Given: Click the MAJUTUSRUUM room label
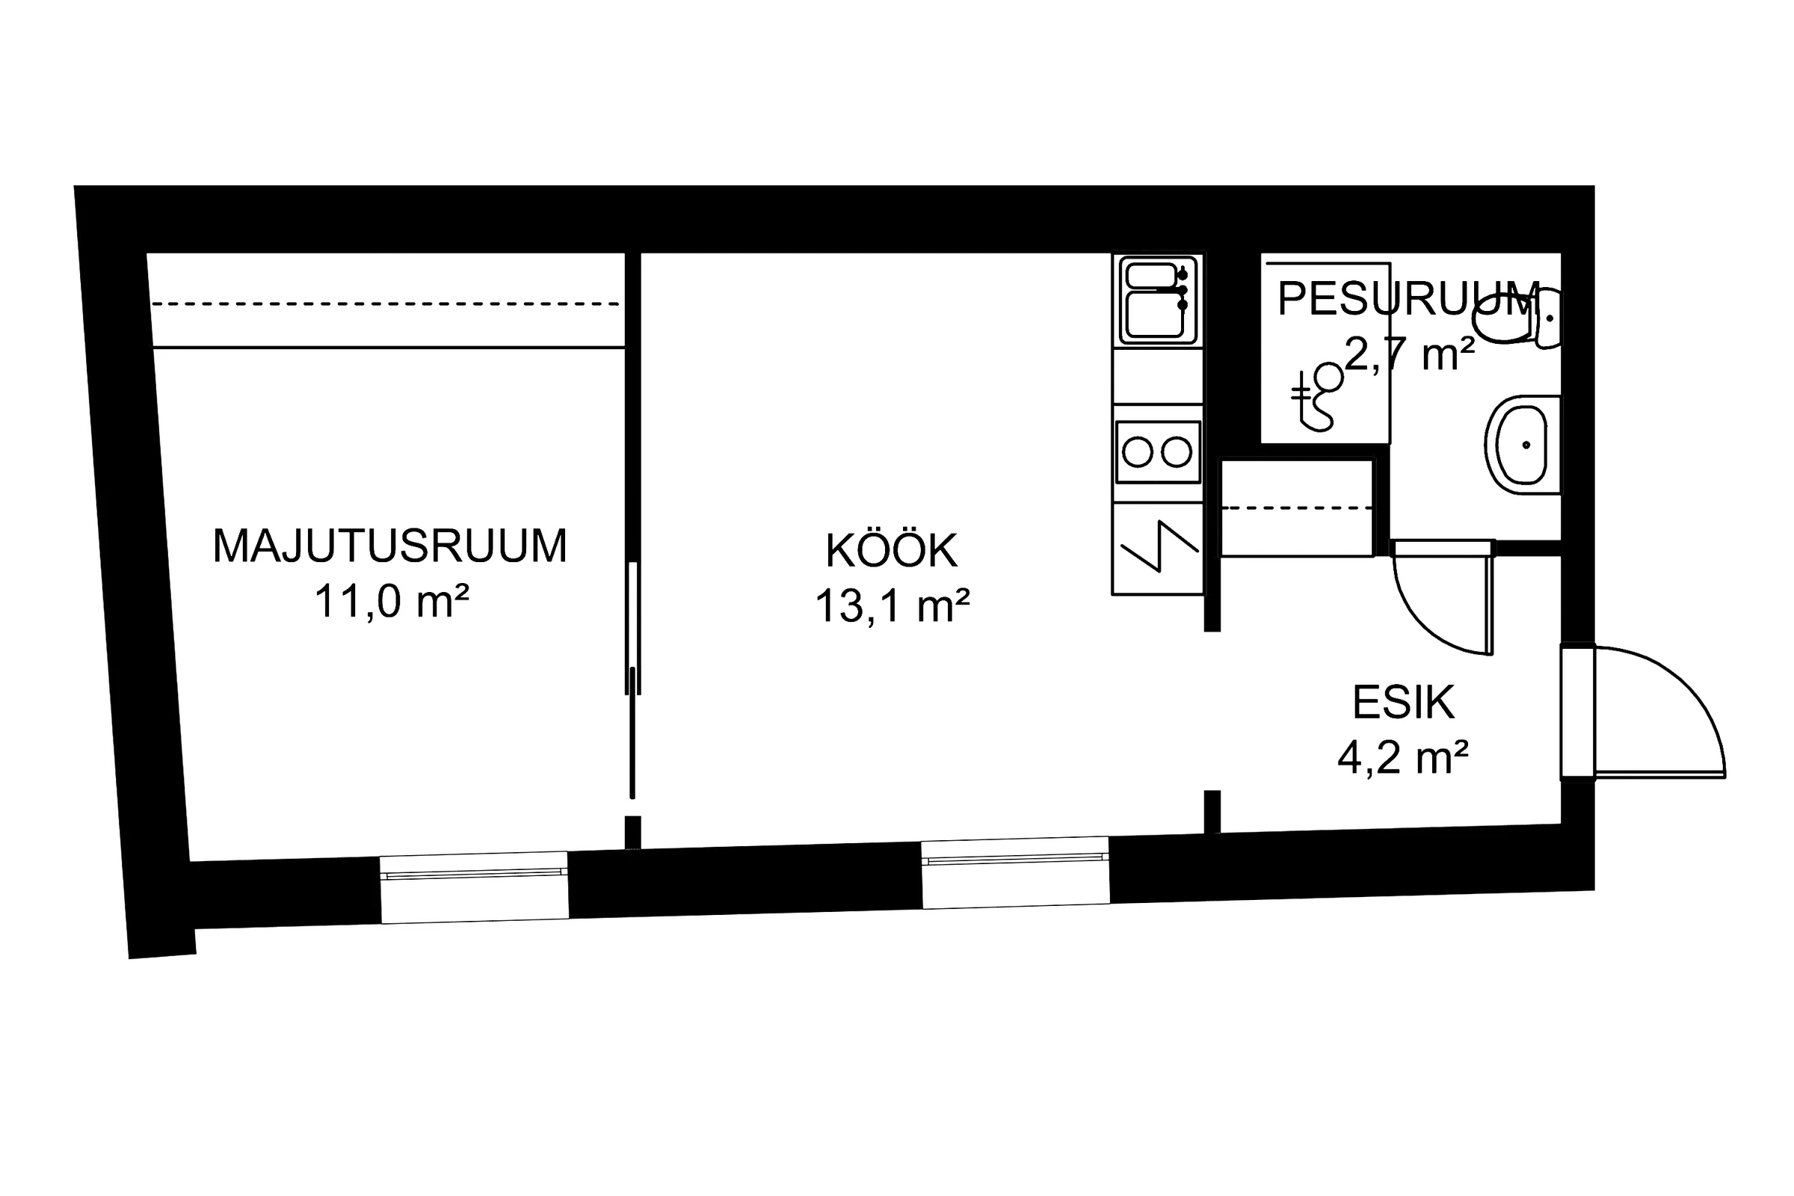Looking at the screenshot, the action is tap(389, 546).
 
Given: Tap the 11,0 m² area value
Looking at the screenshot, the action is tap(391, 601).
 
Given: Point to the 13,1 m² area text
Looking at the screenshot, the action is tap(893, 605).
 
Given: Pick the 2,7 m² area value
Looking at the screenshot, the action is tap(1410, 353).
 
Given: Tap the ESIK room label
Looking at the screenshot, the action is tap(1404, 703).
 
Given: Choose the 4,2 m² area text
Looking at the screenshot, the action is tap(1404, 757).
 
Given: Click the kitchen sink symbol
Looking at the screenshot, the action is tap(1158, 300).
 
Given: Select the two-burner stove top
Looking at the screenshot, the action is tap(1158, 451).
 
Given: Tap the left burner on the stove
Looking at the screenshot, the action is tap(1137, 452).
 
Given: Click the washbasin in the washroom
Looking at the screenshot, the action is tap(1523, 445).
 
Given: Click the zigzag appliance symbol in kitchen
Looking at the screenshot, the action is tap(1159, 546).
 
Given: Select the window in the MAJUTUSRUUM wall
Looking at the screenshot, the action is tap(475, 887).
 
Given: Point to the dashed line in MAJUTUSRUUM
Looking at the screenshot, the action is tap(386, 303).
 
